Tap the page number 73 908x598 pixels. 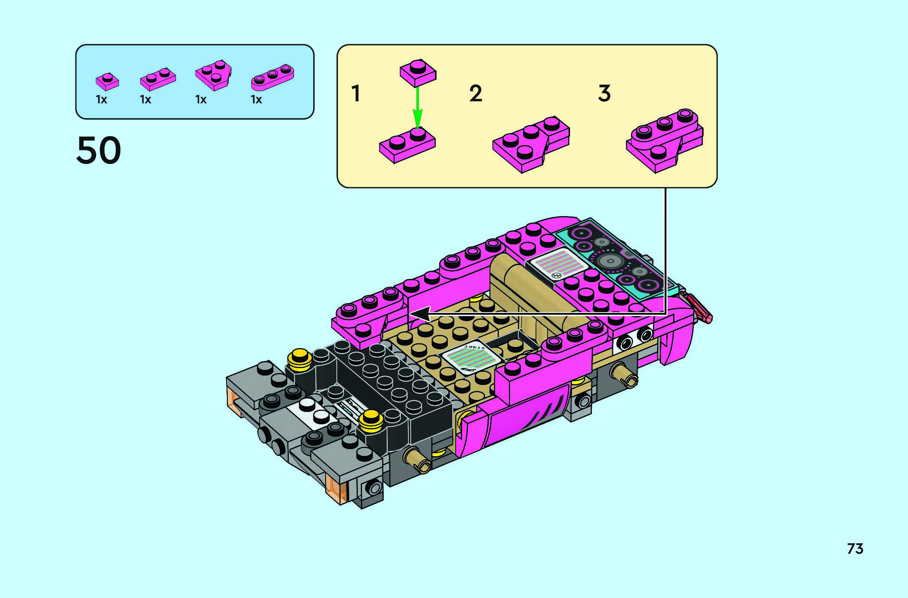tap(855, 549)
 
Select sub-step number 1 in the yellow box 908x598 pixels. tap(356, 93)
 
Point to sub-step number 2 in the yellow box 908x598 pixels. tap(476, 93)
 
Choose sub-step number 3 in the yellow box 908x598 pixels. tap(604, 93)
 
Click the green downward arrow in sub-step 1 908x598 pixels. tap(418, 109)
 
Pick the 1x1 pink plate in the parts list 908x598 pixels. tap(107, 81)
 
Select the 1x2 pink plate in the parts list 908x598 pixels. tap(158, 80)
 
